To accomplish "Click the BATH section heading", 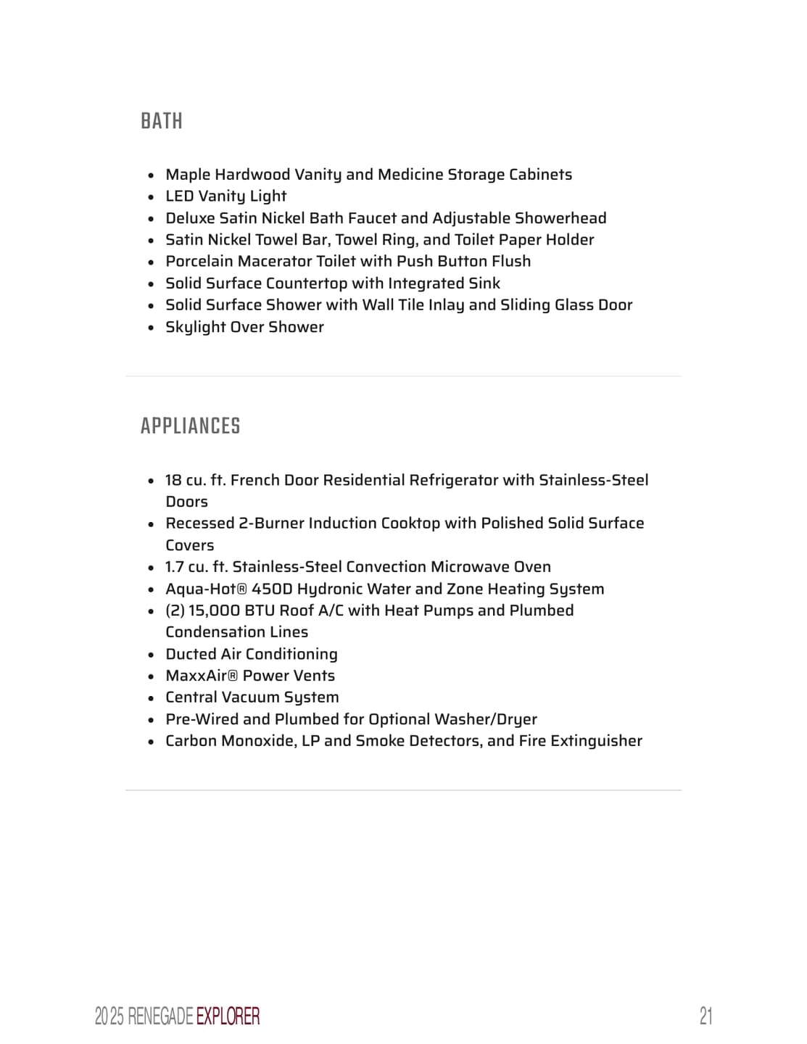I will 161,120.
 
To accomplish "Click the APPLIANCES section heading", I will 190,426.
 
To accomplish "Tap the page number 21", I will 705,1016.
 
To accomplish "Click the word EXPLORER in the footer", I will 228,1016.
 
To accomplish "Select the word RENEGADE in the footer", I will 160,1016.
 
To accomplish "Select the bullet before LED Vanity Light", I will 151,197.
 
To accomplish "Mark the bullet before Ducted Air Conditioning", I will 151,655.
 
